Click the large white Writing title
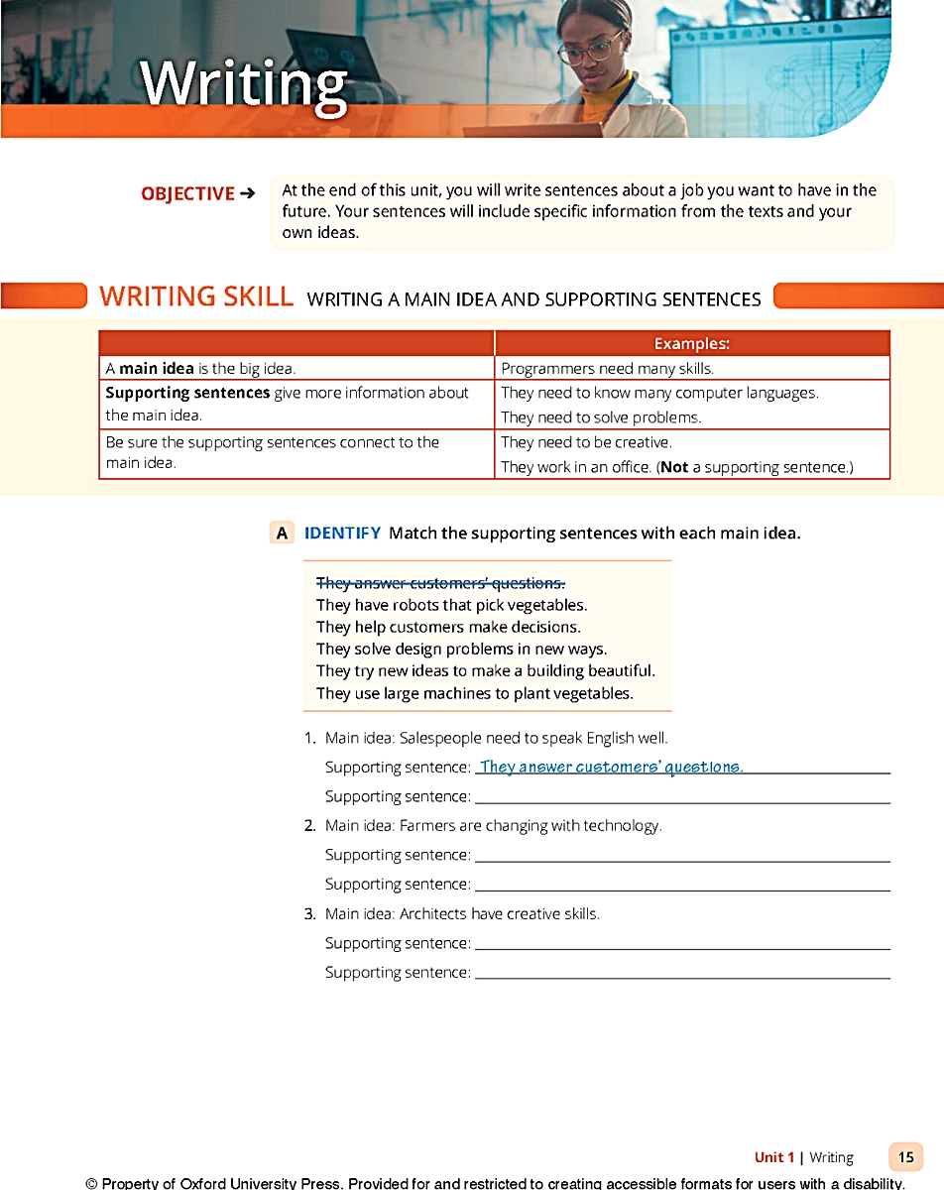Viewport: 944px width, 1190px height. tap(244, 84)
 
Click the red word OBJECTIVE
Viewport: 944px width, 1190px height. tap(187, 193)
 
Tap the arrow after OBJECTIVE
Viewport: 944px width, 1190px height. tap(248, 193)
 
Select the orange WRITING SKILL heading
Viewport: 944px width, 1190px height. tap(196, 297)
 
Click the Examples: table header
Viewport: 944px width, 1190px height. tap(691, 344)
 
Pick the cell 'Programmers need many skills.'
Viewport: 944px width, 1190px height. tap(607, 368)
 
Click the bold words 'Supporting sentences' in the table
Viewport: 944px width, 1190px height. tap(187, 393)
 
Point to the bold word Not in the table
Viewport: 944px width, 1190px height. tap(674, 467)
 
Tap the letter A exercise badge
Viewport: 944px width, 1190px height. tap(283, 534)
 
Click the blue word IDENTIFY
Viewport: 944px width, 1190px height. tap(342, 534)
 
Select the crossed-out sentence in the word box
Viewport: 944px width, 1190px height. tap(440, 583)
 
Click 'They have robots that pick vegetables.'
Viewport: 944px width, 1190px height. tap(451, 605)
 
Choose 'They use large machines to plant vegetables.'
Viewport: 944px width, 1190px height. tap(474, 693)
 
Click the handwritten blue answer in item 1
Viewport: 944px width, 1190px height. tap(610, 767)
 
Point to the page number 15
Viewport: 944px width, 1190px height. tap(905, 1156)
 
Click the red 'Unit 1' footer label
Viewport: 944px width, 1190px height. tap(774, 1157)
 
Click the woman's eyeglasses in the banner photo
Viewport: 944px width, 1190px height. tap(591, 48)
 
